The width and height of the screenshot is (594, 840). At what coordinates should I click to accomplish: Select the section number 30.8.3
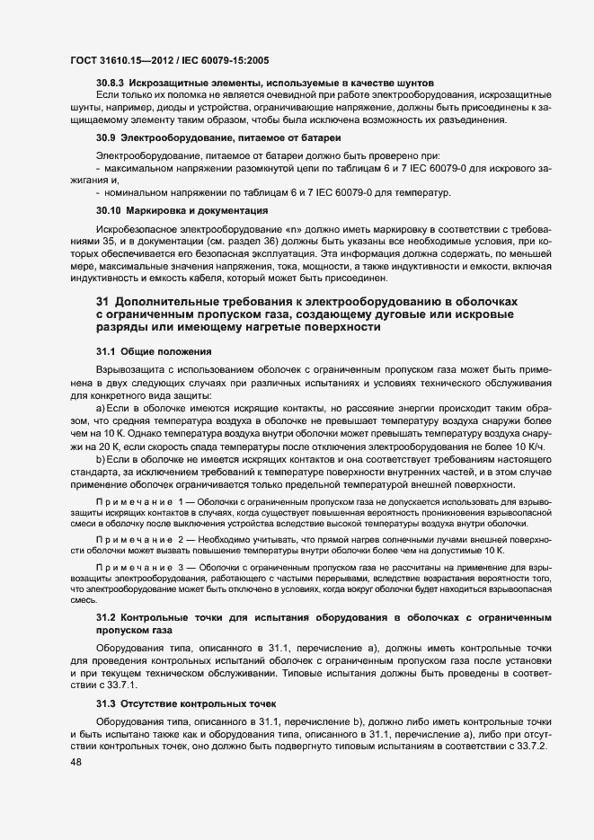[x=111, y=83]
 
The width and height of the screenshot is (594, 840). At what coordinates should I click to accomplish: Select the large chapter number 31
[x=102, y=299]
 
